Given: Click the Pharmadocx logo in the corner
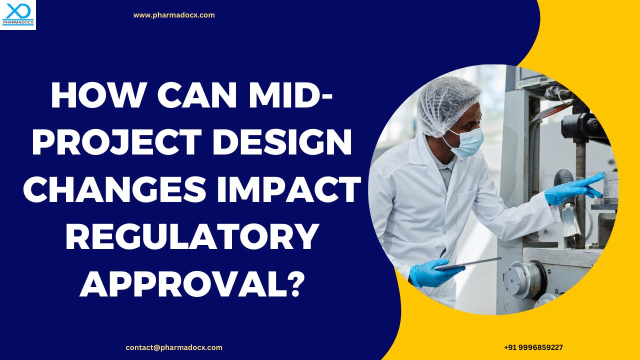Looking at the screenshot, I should coord(17,14).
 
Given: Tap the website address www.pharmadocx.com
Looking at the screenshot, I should coord(174,15).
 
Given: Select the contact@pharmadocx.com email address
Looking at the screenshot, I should coord(174,347).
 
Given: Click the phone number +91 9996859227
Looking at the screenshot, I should coord(533,347).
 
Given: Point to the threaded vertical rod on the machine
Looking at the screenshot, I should coord(580,165).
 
